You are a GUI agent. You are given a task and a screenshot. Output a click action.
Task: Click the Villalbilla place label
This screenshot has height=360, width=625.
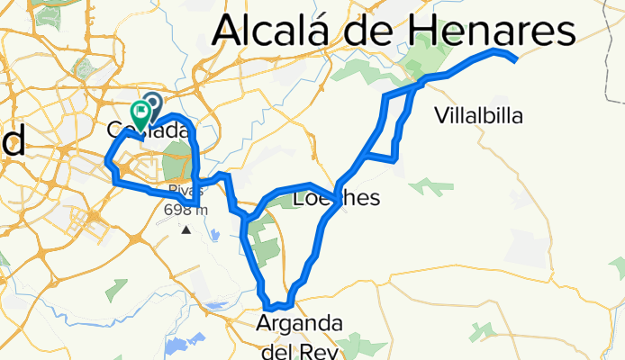[477, 115]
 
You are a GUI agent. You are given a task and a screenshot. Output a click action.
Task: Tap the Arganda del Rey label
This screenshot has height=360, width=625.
[297, 334]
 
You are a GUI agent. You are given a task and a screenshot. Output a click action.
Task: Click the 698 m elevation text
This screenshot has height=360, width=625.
[186, 211]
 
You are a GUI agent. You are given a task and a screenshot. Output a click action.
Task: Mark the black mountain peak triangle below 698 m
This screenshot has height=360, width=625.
[186, 229]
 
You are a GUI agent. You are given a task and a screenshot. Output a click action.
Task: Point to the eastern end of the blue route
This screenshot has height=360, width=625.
[514, 59]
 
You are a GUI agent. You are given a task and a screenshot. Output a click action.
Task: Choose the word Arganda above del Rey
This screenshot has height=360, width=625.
[297, 323]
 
